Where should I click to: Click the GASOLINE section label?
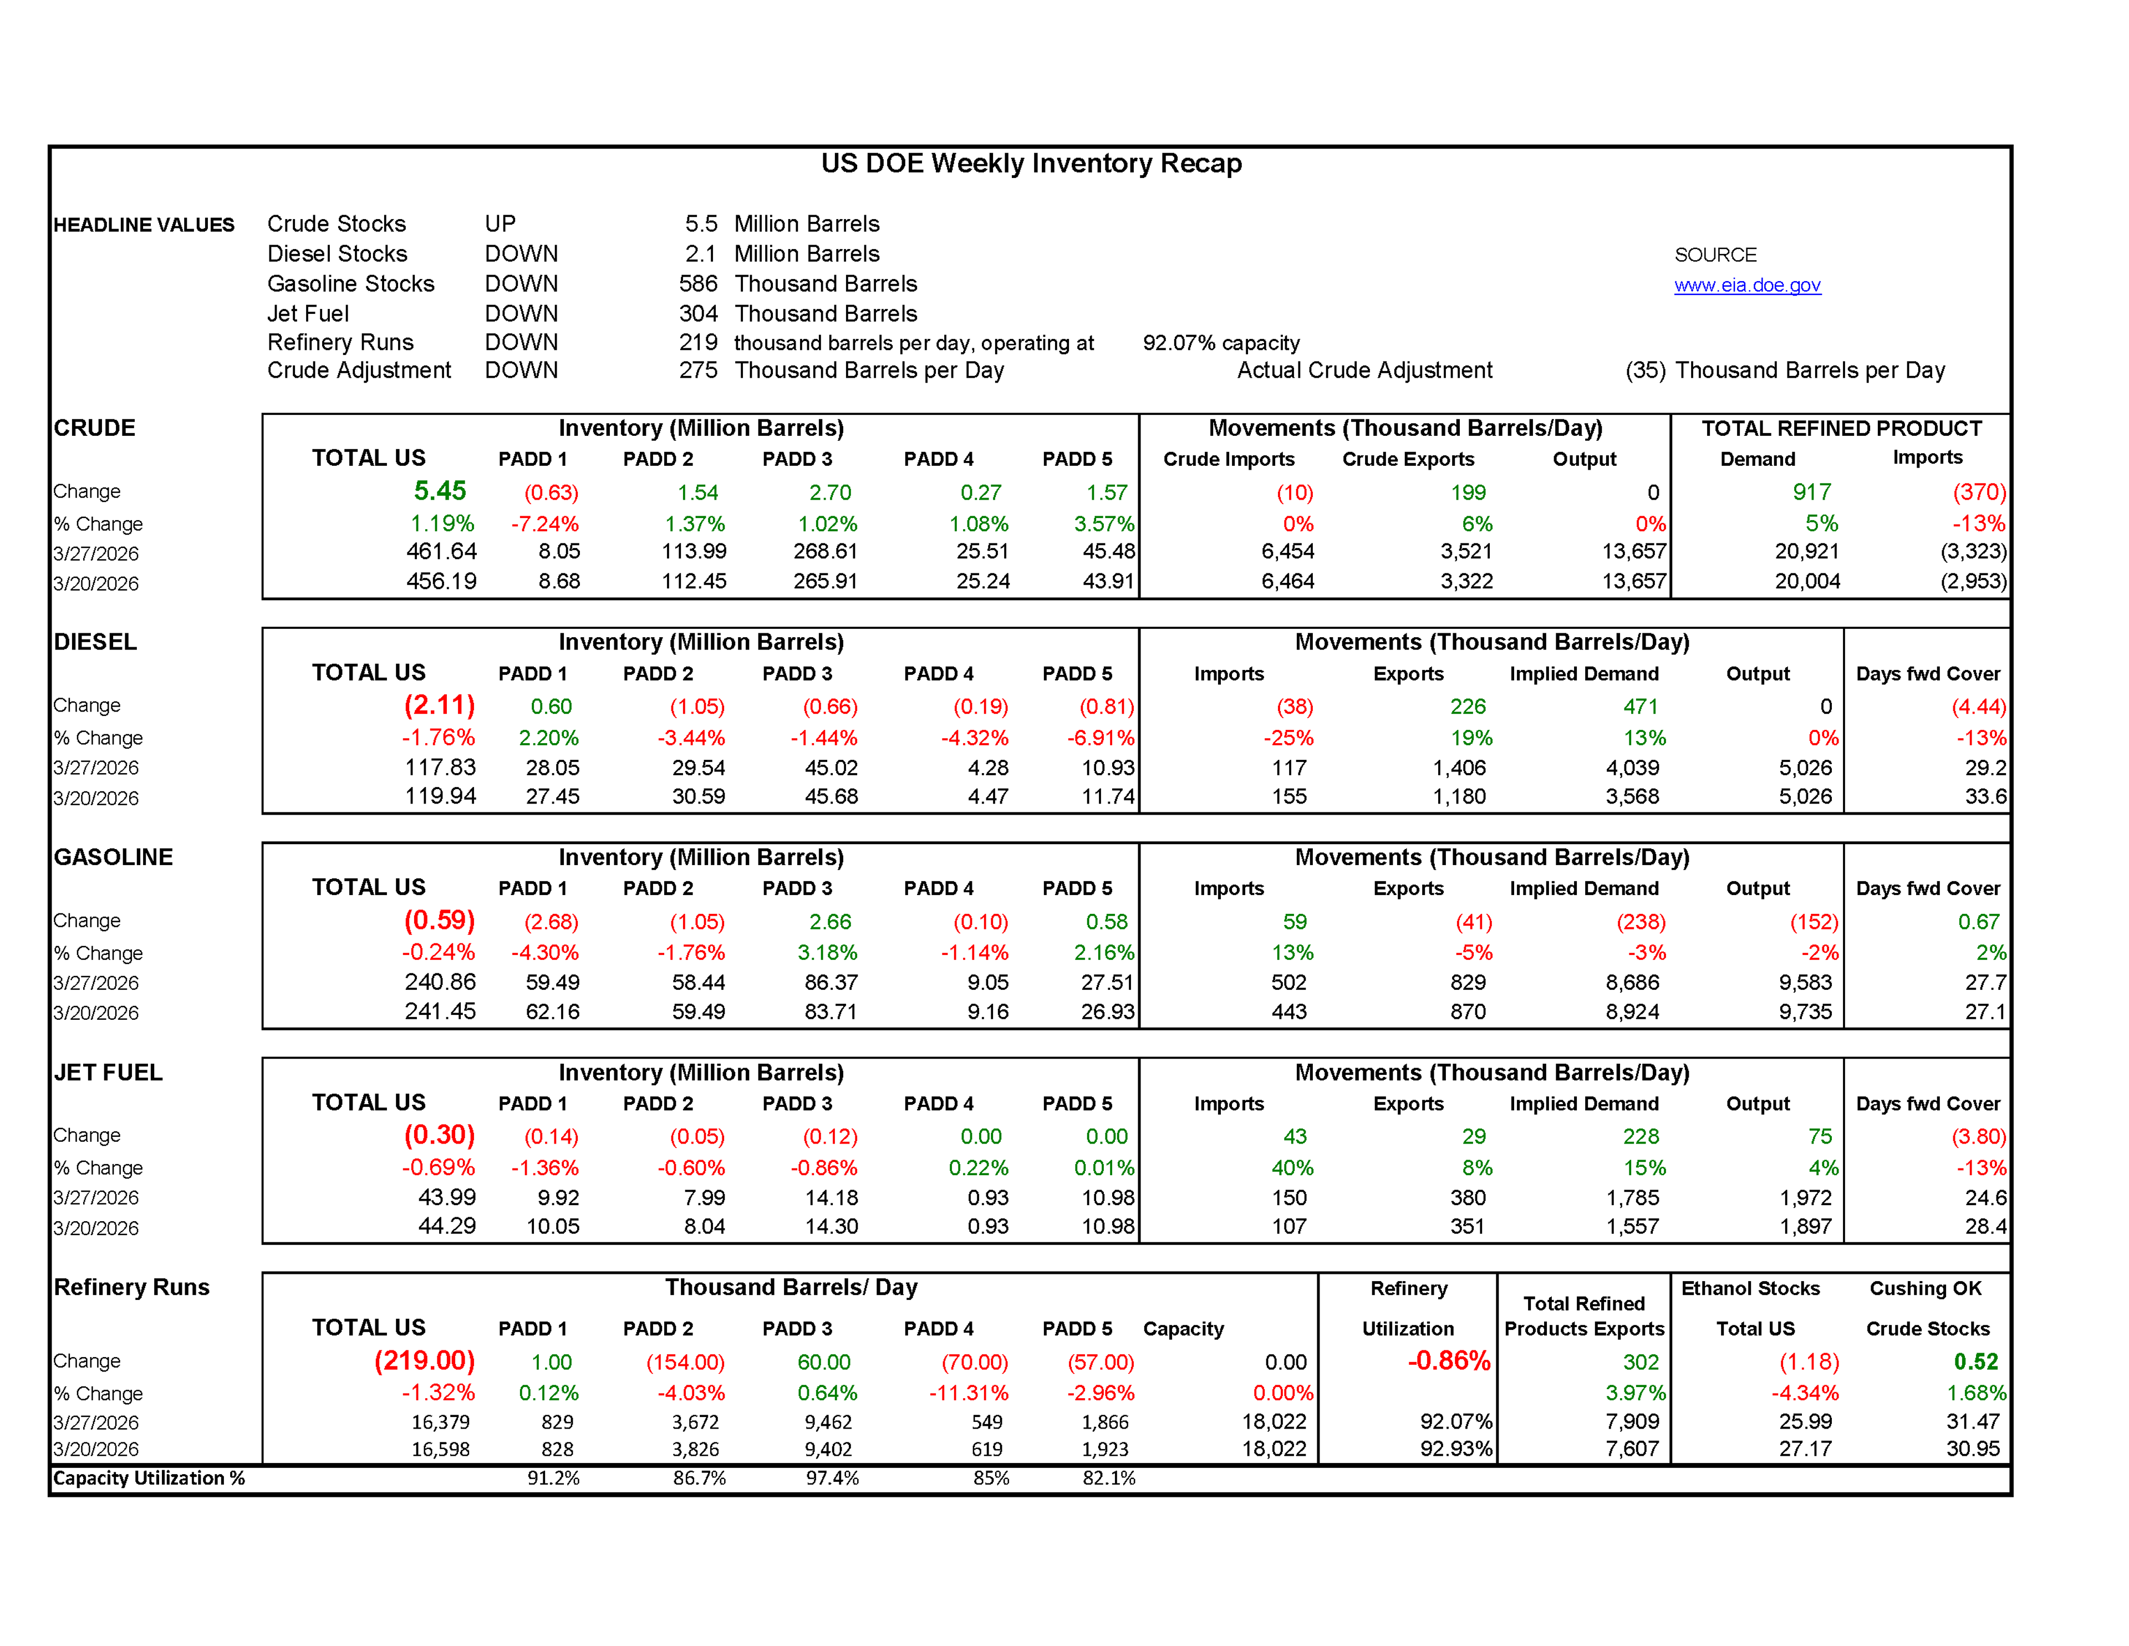click(x=113, y=857)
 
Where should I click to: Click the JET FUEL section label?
click(x=108, y=1073)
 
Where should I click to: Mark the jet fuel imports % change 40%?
click(x=1292, y=1167)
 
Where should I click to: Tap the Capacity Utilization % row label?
click(x=148, y=1479)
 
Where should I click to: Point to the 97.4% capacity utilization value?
click(x=832, y=1479)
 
